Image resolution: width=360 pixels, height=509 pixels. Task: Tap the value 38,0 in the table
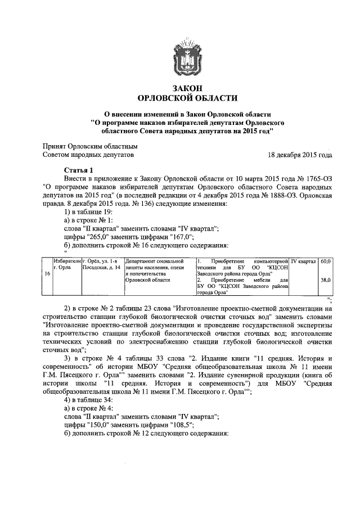point(325,280)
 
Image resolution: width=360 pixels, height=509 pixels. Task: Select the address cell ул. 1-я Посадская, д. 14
point(101,264)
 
